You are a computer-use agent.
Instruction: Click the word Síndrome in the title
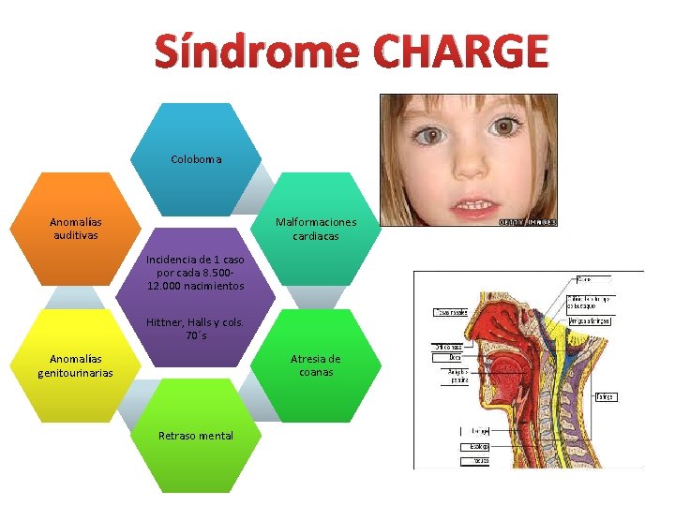click(255, 52)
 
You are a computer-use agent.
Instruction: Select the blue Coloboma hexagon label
click(196, 159)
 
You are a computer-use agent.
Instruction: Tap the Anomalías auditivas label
click(76, 229)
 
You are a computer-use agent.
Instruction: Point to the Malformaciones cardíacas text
click(315, 229)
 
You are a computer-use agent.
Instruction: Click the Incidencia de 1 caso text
click(195, 259)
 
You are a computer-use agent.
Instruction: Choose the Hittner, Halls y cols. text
click(195, 322)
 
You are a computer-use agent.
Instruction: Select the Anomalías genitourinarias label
click(76, 365)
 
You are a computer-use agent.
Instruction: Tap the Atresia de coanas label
click(315, 365)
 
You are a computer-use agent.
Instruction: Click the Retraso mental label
click(196, 436)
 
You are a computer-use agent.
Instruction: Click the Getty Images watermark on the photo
click(527, 222)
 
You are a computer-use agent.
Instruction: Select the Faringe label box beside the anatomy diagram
click(607, 397)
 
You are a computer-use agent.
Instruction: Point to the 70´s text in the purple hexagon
click(196, 335)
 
